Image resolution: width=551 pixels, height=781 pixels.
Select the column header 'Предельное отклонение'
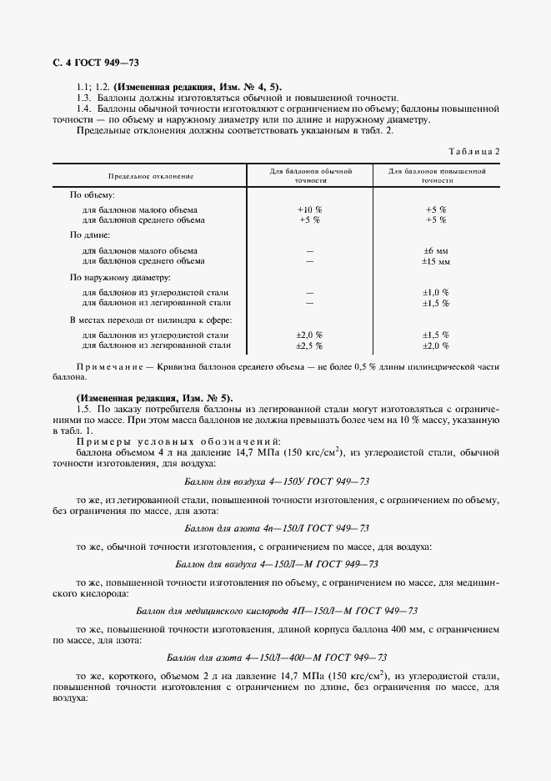tap(150, 176)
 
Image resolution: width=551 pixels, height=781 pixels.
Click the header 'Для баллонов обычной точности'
tap(310, 175)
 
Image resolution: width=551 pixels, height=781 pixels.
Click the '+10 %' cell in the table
tap(309, 209)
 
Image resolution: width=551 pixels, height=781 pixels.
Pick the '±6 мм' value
tap(436, 250)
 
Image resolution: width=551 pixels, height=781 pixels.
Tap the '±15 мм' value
tap(436, 261)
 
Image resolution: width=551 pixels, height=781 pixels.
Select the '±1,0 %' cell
tap(436, 292)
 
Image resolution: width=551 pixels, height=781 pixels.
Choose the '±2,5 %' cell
tap(309, 345)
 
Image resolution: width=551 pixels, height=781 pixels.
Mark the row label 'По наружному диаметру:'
tap(120, 277)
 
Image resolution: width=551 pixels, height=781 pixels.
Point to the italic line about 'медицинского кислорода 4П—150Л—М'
tap(275, 611)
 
